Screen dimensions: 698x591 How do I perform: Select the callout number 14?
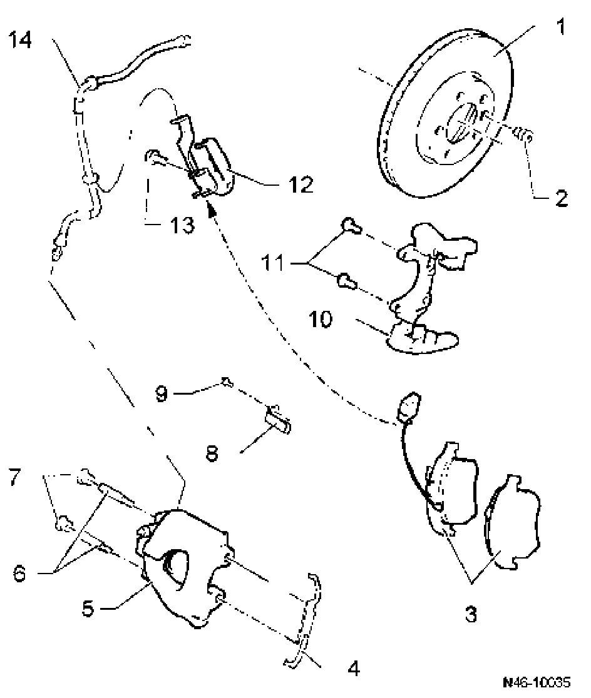point(20,41)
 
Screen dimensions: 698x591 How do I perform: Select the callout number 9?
point(162,395)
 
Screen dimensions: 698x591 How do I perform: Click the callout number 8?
point(212,452)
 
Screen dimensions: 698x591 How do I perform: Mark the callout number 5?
point(90,607)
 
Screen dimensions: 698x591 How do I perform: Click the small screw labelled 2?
point(522,133)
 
